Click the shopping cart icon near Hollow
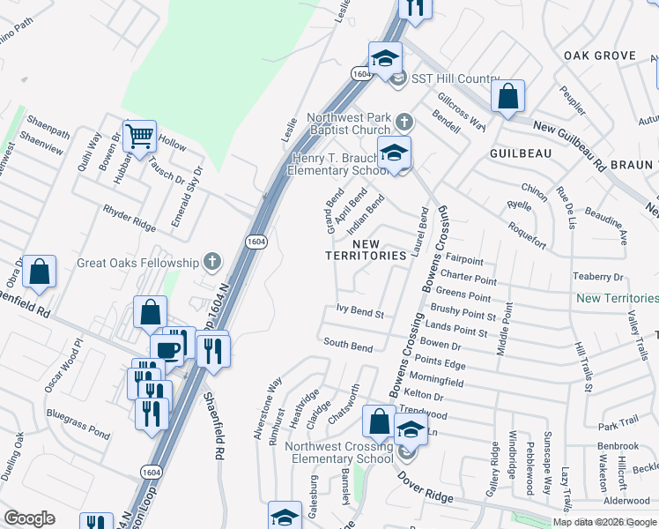(139, 136)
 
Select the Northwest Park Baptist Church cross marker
(404, 120)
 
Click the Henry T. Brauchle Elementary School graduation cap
(394, 152)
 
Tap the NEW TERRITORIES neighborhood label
(379, 250)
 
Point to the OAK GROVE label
(600, 56)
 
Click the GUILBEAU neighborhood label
(521, 152)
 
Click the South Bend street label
(347, 346)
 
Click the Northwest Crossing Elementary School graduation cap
(411, 429)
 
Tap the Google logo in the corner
(29, 518)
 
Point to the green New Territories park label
(617, 299)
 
